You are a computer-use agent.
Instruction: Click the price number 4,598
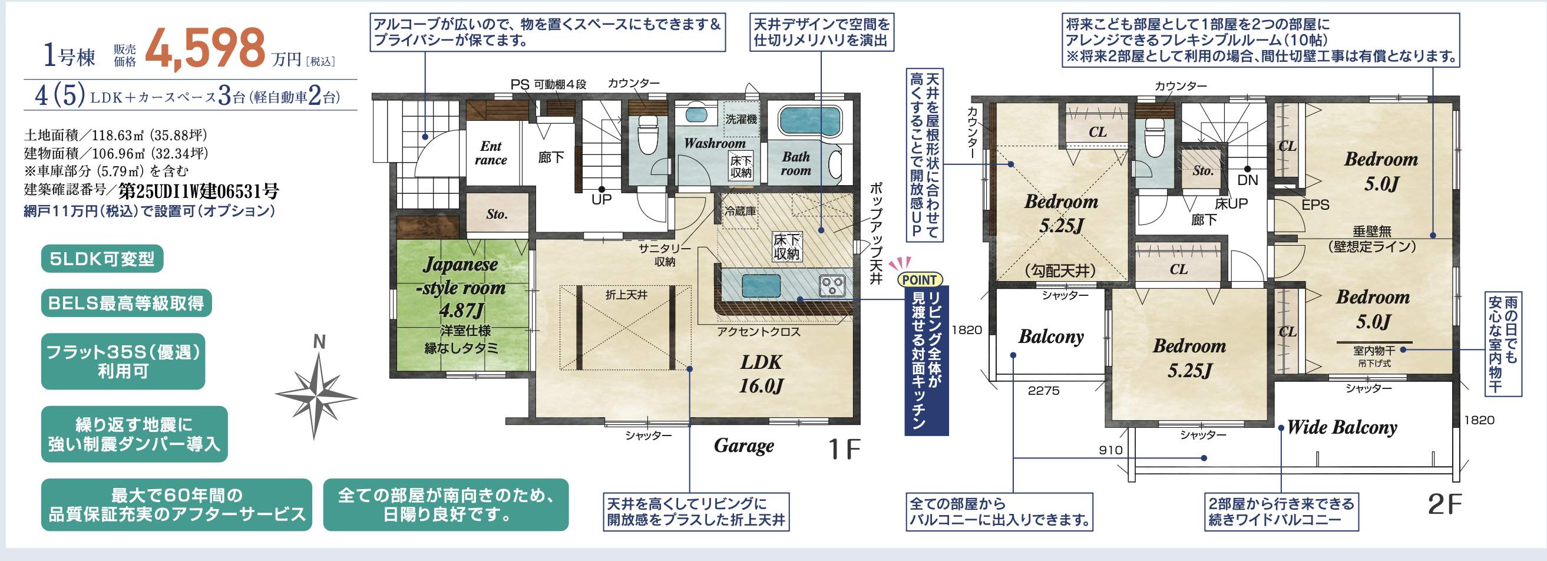click(x=205, y=48)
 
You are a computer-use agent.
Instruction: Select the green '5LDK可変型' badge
click(x=102, y=259)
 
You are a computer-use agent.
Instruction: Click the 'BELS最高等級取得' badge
click(x=126, y=303)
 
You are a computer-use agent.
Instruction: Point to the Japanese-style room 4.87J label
click(x=461, y=287)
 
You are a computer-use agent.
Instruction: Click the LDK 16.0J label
click(x=761, y=374)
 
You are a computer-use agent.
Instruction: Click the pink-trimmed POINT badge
click(x=920, y=279)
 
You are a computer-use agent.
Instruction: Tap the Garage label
click(x=743, y=445)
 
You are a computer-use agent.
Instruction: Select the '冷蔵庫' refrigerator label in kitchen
click(x=740, y=212)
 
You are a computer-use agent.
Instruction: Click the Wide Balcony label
click(x=1341, y=428)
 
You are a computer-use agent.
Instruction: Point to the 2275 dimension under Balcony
click(x=1044, y=391)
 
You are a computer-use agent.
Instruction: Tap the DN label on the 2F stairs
click(x=1247, y=180)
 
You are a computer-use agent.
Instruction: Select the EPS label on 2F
click(x=1315, y=205)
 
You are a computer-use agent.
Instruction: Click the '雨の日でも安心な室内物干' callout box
click(x=1503, y=344)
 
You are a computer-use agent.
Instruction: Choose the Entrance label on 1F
click(x=491, y=153)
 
